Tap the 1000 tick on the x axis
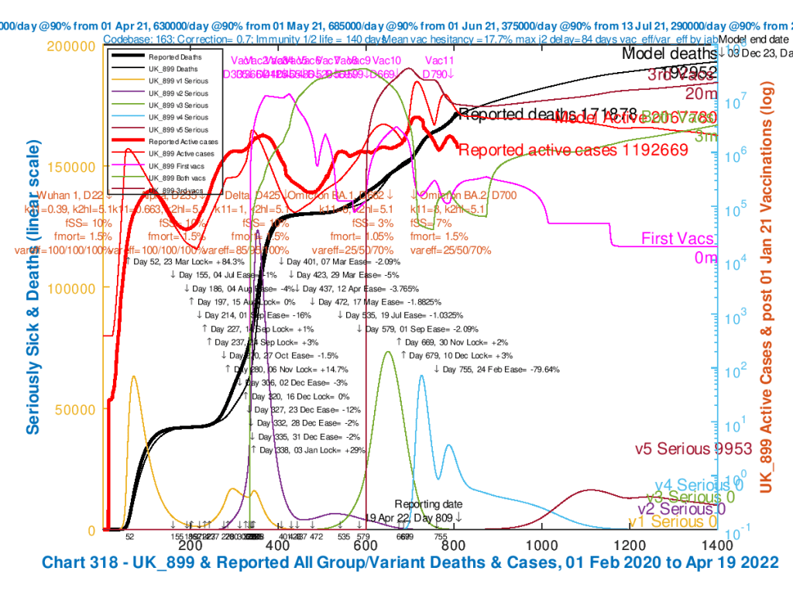tap(540, 545)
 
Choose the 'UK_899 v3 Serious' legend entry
tap(177, 105)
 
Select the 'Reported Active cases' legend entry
tap(183, 142)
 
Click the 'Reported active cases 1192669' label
tap(573, 150)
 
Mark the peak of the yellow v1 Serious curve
tap(134, 377)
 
